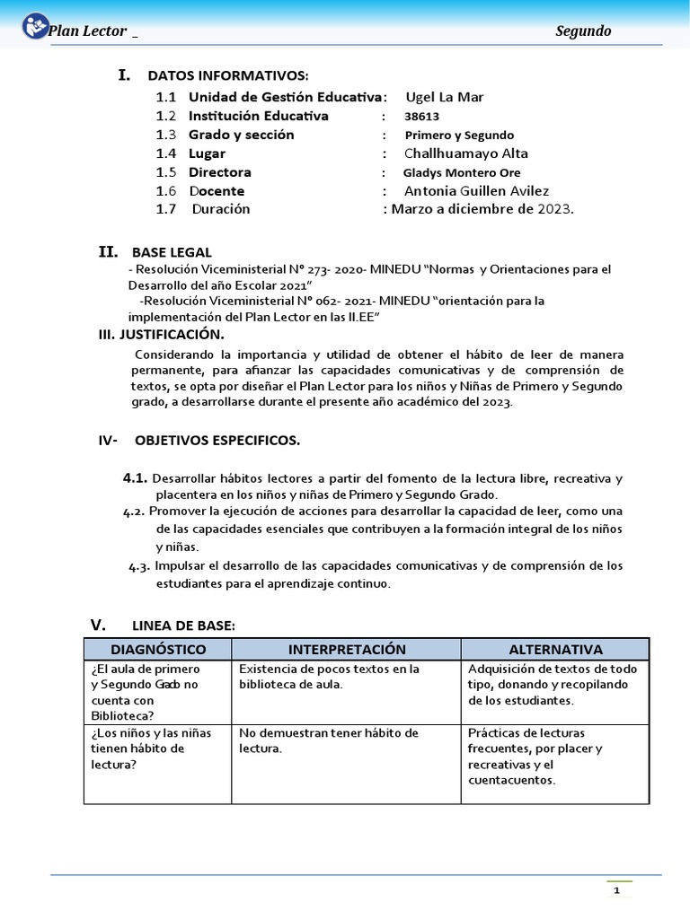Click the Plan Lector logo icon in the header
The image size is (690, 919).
35,27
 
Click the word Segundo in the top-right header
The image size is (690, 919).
583,31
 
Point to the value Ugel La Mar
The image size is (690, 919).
445,97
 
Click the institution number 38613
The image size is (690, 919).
422,117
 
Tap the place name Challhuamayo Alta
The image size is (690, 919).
466,153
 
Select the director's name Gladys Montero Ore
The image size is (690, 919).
462,172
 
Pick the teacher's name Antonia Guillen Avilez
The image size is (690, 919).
476,191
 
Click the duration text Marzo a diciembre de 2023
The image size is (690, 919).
482,209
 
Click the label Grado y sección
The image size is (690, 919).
241,135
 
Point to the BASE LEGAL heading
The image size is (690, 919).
172,252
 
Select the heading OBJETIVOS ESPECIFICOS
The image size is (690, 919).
217,441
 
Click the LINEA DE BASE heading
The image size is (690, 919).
183,625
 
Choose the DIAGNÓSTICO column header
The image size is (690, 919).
158,649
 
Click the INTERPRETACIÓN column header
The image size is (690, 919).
347,649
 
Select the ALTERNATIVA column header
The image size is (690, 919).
555,649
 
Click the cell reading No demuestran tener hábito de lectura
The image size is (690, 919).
328,740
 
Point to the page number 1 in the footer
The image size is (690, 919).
617,891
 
